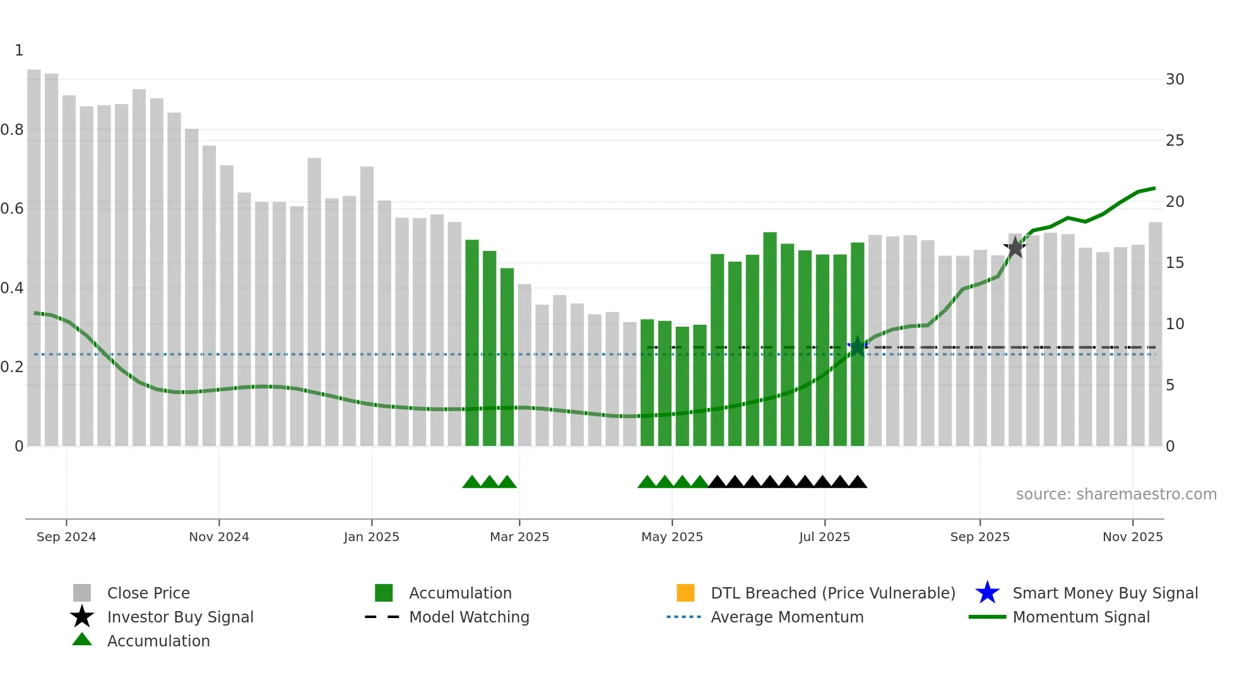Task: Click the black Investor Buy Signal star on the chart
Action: click(1015, 248)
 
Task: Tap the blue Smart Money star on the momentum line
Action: click(857, 346)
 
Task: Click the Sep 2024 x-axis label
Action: click(66, 537)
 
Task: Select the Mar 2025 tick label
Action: click(519, 537)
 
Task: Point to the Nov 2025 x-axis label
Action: click(1132, 537)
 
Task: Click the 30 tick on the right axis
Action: click(1175, 79)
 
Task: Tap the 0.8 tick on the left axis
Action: click(13, 130)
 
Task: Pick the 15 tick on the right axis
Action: click(1175, 263)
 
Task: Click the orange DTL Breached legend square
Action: click(685, 593)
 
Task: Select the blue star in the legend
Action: click(987, 593)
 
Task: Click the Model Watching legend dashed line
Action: click(382, 617)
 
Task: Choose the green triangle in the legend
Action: click(82, 640)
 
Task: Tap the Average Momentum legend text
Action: click(787, 617)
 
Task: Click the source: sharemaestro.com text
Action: click(1116, 494)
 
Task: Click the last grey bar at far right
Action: click(1155, 334)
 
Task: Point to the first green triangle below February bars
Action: click(471, 482)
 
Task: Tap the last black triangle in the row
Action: click(857, 482)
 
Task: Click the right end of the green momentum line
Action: click(1154, 189)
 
